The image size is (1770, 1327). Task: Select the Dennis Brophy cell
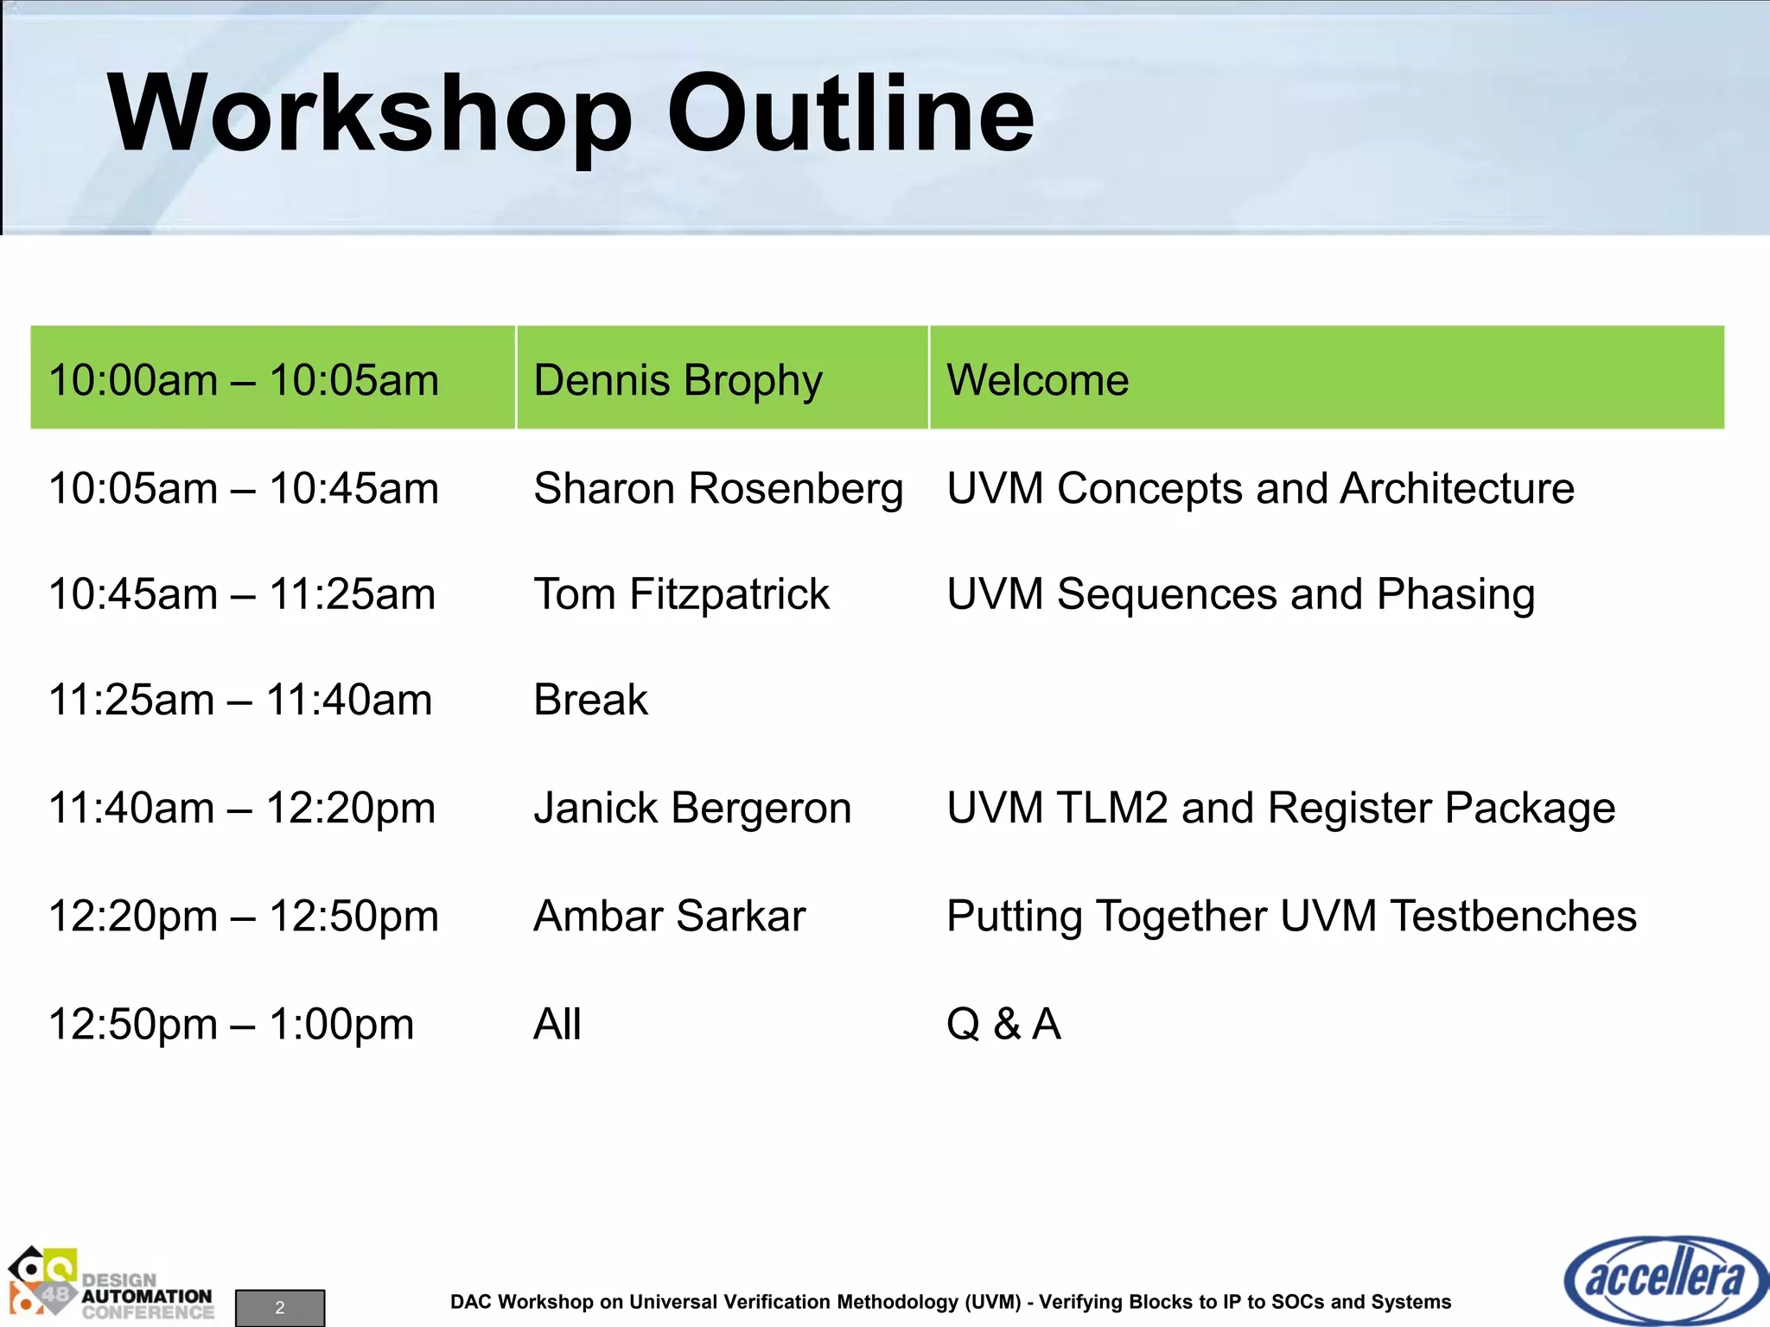coord(678,380)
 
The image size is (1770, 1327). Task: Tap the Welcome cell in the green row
coord(1037,380)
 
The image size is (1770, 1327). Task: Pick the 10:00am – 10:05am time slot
coord(244,380)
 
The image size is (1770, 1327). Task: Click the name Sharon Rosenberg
coord(717,489)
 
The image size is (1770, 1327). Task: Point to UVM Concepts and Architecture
coord(1260,489)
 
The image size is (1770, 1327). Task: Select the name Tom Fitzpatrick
coord(681,594)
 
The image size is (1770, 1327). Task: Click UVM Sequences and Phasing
coord(1240,594)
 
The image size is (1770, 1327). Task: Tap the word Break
coord(590,700)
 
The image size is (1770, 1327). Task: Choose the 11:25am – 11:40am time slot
coord(240,700)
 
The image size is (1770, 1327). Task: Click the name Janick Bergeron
coord(692,809)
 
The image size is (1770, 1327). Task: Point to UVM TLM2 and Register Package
coord(1280,809)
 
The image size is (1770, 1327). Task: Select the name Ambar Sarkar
coord(669,916)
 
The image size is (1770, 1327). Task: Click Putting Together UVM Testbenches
coord(1291,916)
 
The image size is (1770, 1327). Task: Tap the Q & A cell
coord(1003,1025)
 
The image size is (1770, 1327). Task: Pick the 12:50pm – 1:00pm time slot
coord(231,1025)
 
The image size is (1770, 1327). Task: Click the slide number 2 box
coord(280,1307)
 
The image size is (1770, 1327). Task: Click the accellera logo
coord(1665,1279)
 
